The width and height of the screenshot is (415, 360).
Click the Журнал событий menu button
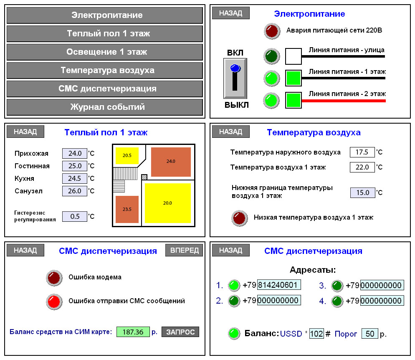click(x=105, y=107)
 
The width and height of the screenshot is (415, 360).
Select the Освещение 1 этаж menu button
click(x=105, y=52)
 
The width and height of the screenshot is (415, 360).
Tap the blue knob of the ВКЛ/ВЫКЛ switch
click(x=235, y=68)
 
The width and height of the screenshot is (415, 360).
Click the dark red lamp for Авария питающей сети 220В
click(x=271, y=31)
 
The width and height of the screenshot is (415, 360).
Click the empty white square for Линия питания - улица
click(x=293, y=56)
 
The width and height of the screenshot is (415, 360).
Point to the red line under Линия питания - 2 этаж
click(x=343, y=101)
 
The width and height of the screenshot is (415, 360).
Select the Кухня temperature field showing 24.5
click(x=75, y=178)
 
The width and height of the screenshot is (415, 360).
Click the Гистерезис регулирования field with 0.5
click(x=75, y=216)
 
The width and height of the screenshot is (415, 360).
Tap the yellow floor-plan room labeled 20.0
click(x=168, y=203)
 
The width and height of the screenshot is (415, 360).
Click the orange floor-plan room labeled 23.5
click(x=127, y=209)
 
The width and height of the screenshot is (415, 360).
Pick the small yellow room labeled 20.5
click(x=127, y=155)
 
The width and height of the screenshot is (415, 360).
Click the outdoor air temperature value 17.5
click(x=362, y=152)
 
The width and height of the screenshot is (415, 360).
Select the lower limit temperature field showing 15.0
click(x=362, y=193)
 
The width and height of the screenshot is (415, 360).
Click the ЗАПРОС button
click(x=180, y=332)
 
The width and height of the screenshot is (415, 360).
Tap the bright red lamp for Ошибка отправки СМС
click(x=54, y=301)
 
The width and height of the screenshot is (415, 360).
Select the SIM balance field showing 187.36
click(x=133, y=332)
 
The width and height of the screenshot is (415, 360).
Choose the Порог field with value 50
click(x=369, y=334)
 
